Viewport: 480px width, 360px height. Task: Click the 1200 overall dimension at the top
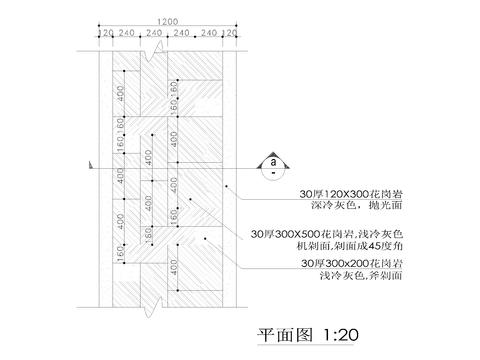click(x=168, y=21)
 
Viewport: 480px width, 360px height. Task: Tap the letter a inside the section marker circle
click(x=272, y=159)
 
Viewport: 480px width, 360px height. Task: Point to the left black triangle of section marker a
click(x=261, y=161)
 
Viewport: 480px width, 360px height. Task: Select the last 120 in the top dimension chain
click(x=232, y=33)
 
